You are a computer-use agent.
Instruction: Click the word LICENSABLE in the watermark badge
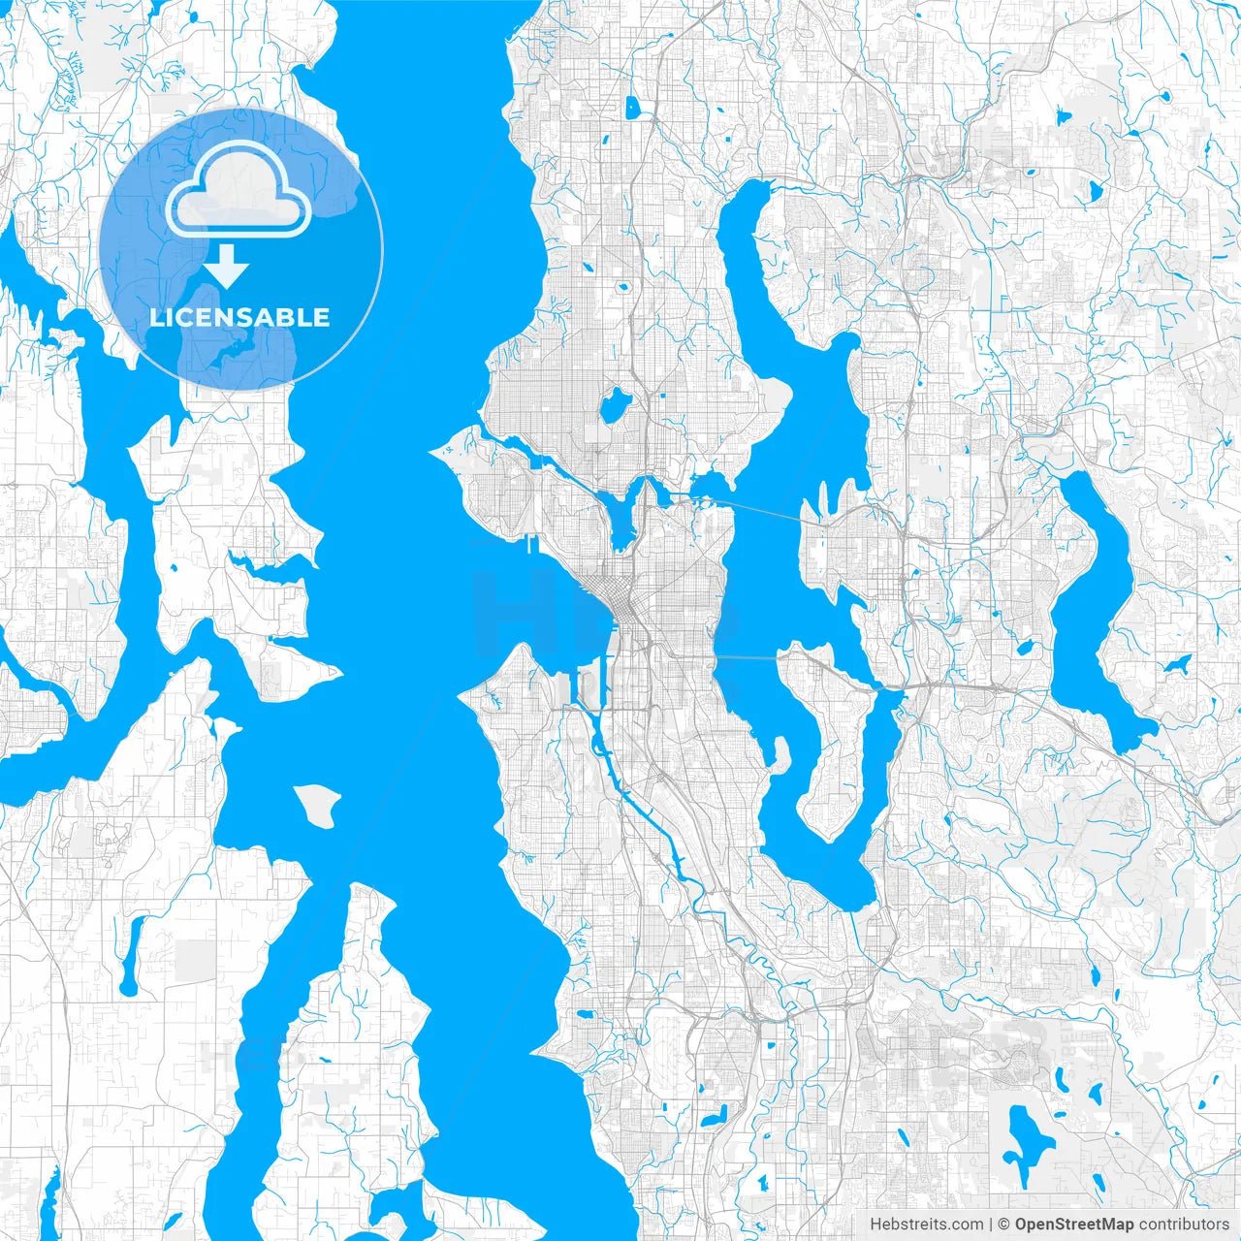tap(239, 317)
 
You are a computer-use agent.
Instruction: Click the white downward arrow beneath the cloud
tap(226, 267)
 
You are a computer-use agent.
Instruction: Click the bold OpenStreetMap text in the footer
tap(1073, 1225)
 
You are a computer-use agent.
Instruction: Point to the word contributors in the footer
tap(1183, 1225)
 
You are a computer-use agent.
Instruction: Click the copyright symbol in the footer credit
tap(1004, 1225)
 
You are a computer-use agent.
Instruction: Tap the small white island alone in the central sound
tap(318, 805)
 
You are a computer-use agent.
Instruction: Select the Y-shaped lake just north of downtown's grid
tap(620, 514)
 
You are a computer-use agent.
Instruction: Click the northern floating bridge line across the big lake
tap(766, 512)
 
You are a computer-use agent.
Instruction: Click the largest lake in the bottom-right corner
tap(1023, 1134)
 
